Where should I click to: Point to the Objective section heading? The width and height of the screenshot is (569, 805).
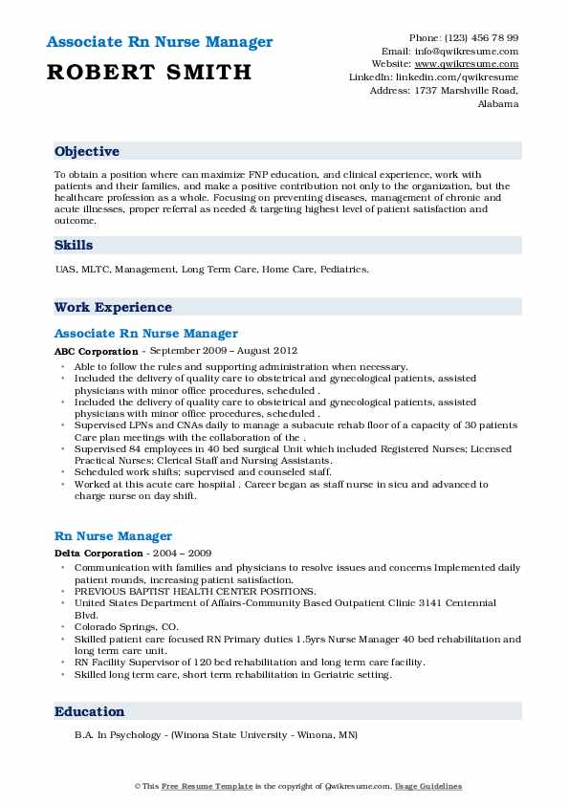click(x=87, y=152)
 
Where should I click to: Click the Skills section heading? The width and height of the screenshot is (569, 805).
click(x=74, y=246)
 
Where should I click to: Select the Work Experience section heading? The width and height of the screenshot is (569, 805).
click(x=113, y=308)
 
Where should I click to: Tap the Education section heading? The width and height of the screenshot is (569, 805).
click(x=90, y=712)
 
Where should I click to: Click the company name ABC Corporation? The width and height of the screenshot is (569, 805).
click(x=96, y=352)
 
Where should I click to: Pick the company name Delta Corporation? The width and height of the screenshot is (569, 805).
click(x=98, y=554)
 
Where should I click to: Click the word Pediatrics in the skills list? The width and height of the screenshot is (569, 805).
click(x=342, y=270)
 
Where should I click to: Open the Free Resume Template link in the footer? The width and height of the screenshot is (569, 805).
click(x=195, y=786)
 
